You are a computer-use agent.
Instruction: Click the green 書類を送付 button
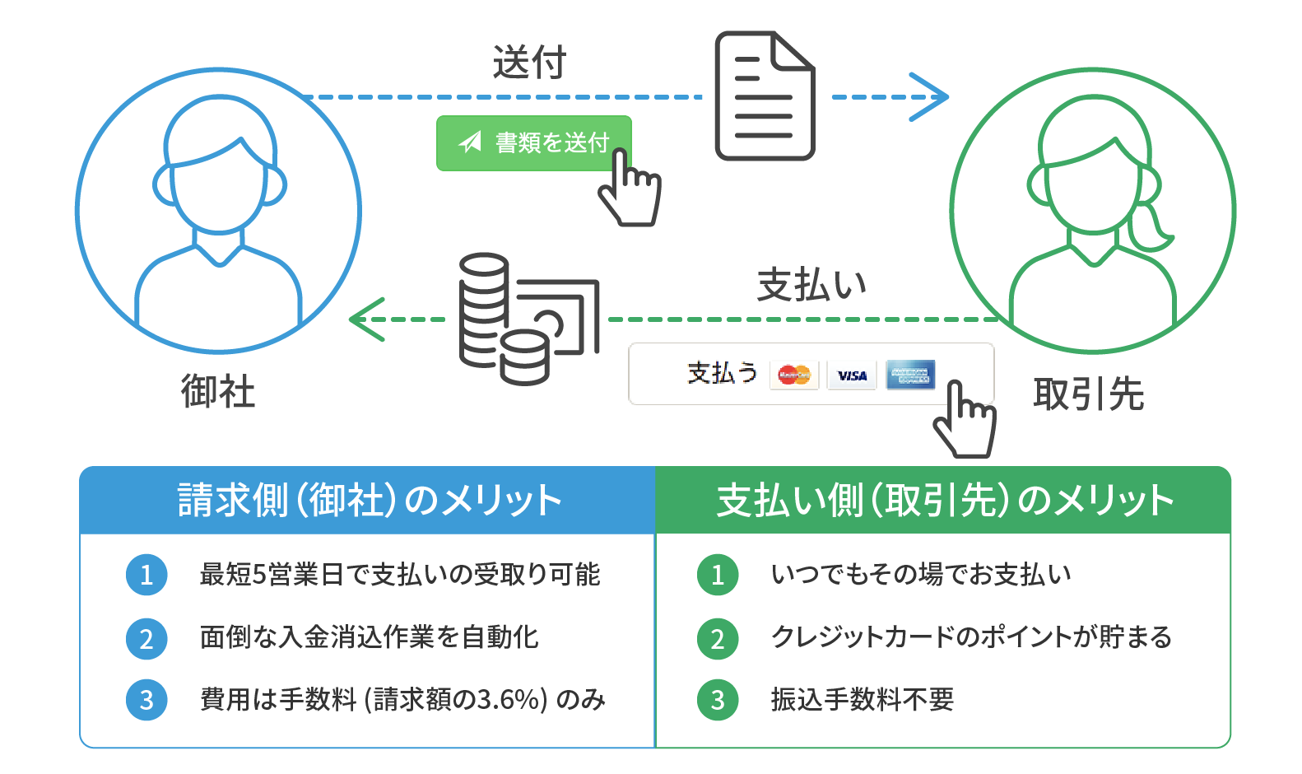point(533,143)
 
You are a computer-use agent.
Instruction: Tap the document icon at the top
point(765,96)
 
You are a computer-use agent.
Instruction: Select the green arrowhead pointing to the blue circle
point(366,319)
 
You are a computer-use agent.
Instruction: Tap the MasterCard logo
point(794,375)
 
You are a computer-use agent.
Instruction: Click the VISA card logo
point(852,375)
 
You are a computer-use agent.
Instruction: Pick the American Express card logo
point(910,375)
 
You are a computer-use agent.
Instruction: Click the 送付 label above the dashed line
point(529,63)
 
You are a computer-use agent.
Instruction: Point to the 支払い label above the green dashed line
point(811,285)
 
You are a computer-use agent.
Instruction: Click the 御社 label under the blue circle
point(218,391)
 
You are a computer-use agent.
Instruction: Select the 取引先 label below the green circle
point(1088,394)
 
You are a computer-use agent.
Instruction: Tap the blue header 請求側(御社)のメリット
point(368,500)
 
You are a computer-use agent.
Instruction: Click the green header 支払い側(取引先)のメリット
point(943,500)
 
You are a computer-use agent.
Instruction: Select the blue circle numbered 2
point(146,638)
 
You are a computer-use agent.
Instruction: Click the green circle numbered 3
point(718,700)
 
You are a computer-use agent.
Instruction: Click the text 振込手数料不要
point(862,700)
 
